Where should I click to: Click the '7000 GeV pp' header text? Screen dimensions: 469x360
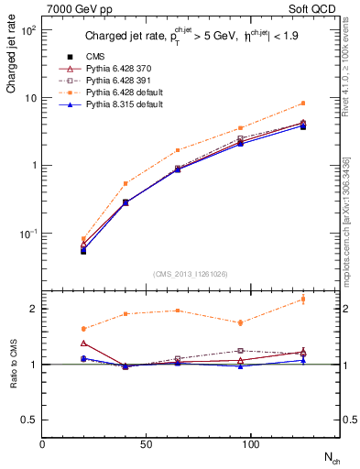pos(74,9)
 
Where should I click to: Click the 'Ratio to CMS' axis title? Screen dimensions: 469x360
pos(13,364)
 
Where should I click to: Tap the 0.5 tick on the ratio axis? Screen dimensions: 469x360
pos(29,420)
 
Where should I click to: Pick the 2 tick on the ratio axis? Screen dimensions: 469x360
pos(33,309)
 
